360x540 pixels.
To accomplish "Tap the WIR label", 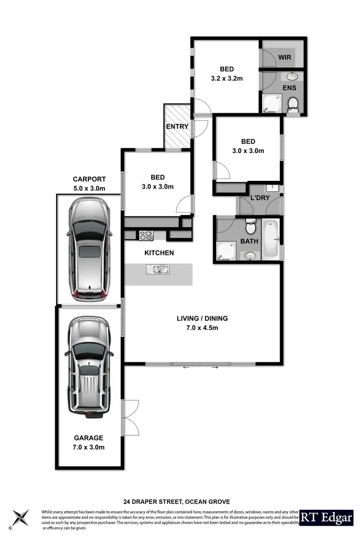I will (285, 57).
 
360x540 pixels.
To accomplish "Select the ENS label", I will (289, 88).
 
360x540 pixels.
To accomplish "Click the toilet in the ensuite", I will (292, 103).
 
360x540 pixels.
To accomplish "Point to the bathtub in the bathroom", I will (272, 239).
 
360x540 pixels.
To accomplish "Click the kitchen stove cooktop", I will (146, 235).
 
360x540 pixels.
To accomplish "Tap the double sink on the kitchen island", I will (159, 269).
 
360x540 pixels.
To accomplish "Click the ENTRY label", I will (177, 127).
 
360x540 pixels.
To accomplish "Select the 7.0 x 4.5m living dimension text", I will (202, 328).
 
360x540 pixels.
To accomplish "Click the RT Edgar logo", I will (326, 517).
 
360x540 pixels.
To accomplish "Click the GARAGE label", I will (88, 438).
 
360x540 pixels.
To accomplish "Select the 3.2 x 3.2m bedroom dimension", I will (227, 78).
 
